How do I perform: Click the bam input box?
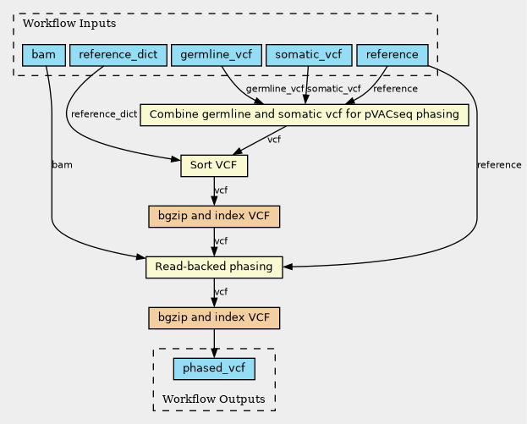pos(43,56)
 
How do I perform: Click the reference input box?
pos(393,56)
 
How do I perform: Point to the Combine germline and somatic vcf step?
pos(305,114)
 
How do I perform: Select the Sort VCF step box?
pos(213,165)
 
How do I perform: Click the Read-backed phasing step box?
pos(213,267)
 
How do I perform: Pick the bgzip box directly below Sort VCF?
pos(213,216)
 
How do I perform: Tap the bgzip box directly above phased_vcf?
pos(213,318)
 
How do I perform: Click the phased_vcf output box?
pos(213,368)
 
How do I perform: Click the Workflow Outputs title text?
pos(213,399)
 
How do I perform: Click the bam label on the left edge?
pos(62,164)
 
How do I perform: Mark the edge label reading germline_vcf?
pos(275,89)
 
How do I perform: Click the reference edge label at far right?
pos(499,164)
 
